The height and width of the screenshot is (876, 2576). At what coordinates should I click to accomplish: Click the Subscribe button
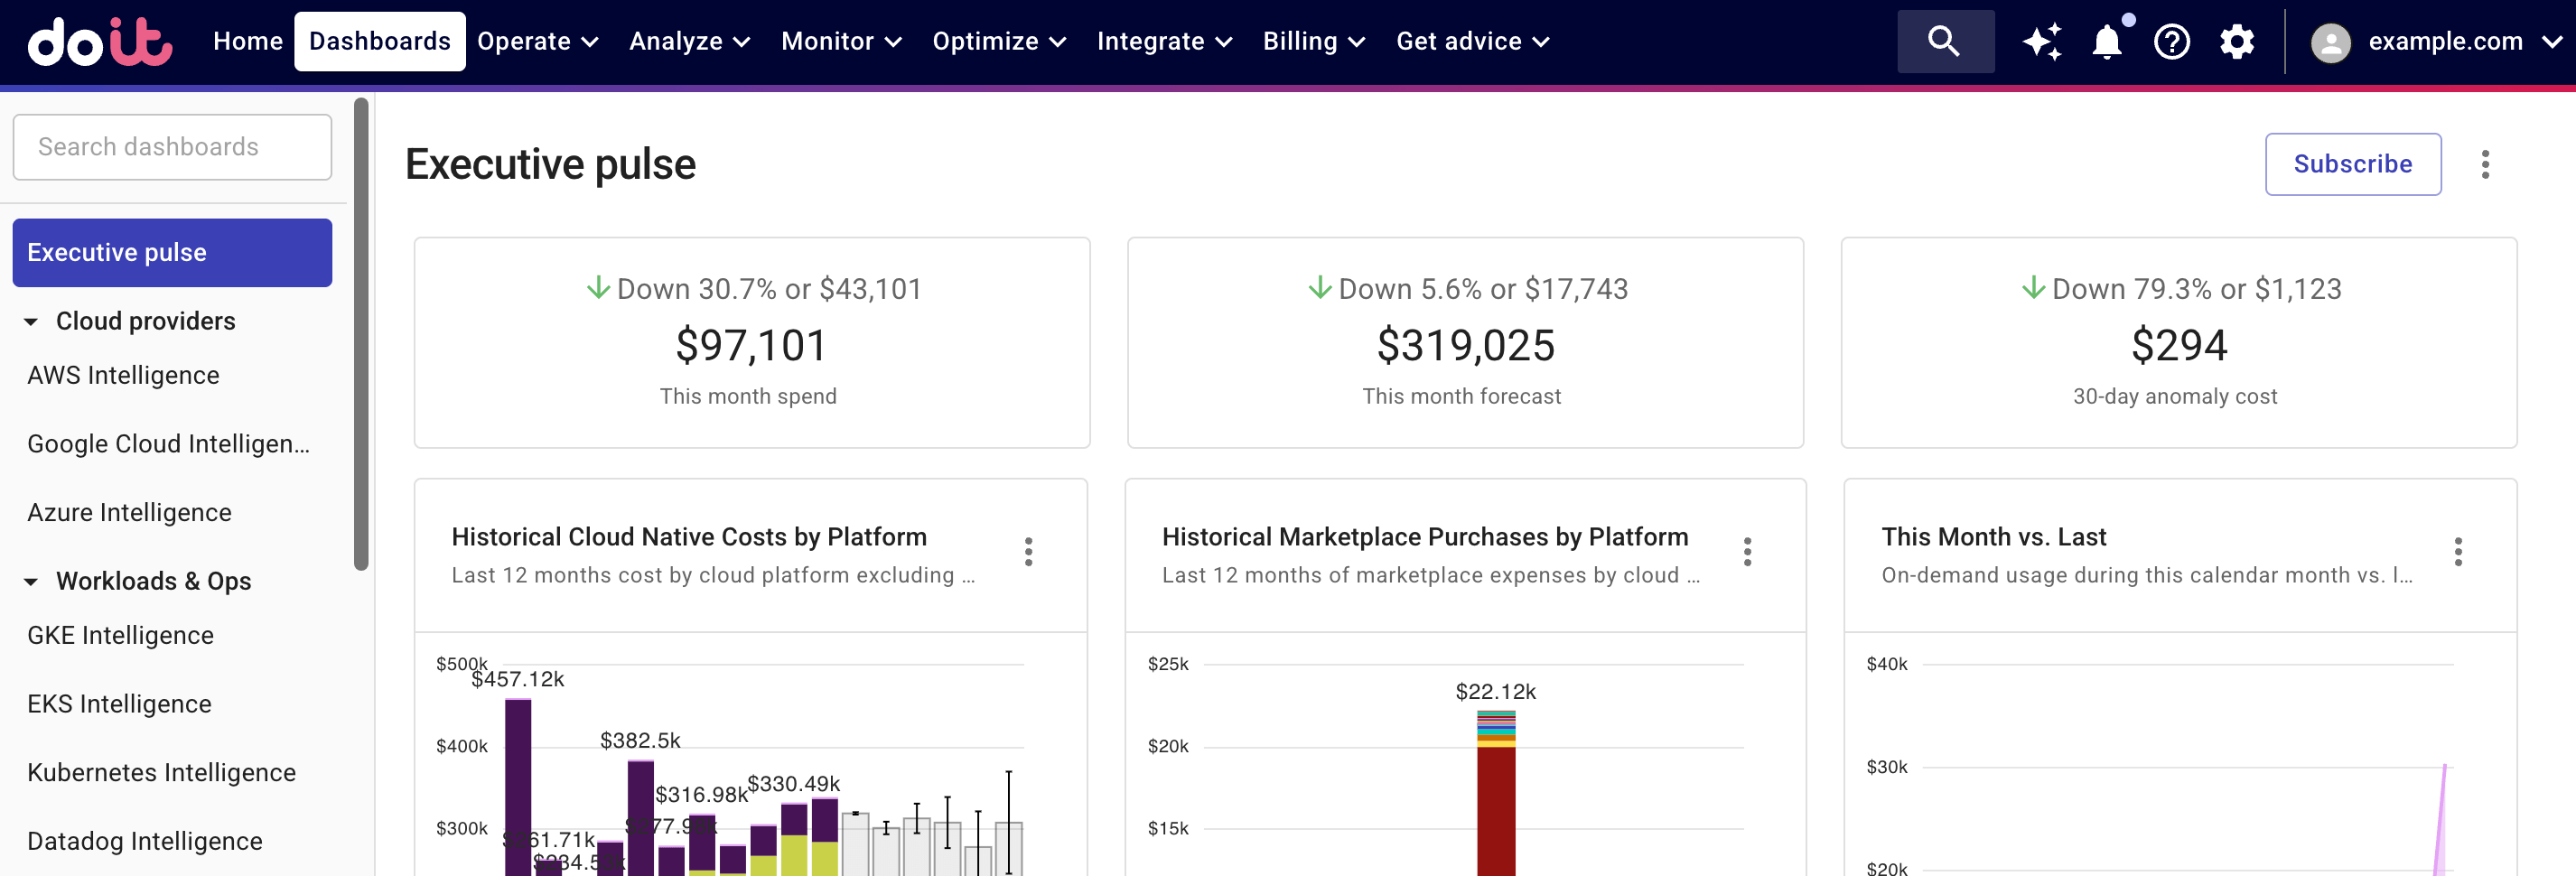2352,164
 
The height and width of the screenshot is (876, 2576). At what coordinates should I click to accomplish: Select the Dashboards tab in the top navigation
379,41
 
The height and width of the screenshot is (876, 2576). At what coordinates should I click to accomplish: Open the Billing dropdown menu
1313,41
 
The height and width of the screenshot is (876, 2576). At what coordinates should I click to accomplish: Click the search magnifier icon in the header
1944,41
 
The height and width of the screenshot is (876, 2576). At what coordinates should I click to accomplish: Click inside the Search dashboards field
172,147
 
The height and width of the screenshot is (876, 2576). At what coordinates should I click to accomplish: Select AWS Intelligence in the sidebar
123,375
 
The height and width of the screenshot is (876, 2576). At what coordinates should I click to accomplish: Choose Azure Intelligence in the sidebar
129,512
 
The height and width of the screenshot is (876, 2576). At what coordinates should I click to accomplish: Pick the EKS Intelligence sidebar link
119,704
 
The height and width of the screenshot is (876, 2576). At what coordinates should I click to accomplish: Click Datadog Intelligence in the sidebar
144,841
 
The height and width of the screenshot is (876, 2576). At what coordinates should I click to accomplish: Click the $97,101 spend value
751,346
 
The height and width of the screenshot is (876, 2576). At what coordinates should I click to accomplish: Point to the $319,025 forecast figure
1465,346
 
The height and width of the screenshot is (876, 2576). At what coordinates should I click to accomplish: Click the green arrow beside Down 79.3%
2032,288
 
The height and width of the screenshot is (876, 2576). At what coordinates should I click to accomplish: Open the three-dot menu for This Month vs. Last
2457,551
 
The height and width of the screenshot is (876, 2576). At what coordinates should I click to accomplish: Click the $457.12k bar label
518,680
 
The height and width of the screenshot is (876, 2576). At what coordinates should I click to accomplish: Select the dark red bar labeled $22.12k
1496,810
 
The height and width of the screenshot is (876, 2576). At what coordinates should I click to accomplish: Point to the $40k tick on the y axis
1886,664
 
